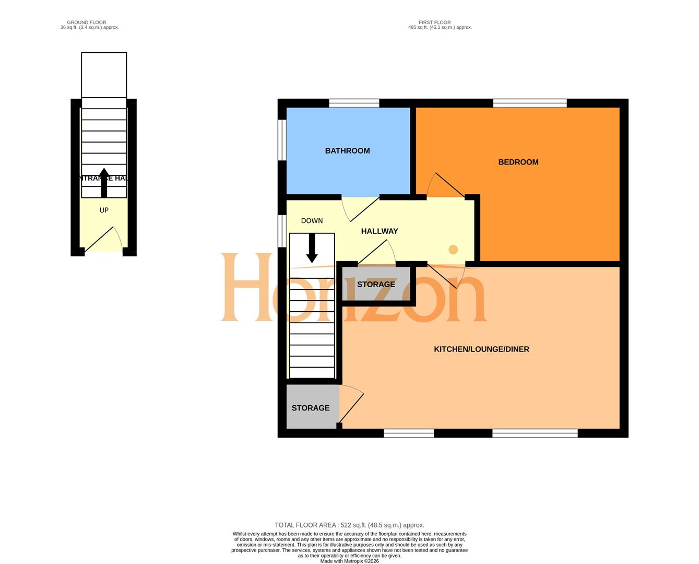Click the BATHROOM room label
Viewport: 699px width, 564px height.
tap(347, 151)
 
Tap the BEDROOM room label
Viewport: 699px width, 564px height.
tap(518, 162)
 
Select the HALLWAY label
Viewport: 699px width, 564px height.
tap(380, 231)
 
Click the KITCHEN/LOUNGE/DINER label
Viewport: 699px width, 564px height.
tap(481, 349)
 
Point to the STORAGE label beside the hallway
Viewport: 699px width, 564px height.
tap(376, 285)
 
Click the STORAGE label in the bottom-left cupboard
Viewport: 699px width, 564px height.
tap(311, 408)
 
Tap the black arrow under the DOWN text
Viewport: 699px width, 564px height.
tap(312, 248)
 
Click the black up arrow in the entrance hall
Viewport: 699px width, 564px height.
tap(104, 183)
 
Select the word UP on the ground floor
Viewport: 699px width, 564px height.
tap(104, 210)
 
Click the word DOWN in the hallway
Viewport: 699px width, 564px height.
tap(312, 221)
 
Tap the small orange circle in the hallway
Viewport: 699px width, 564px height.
tap(453, 249)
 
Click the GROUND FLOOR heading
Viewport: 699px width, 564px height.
tap(87, 22)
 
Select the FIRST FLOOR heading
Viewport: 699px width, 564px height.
tap(434, 22)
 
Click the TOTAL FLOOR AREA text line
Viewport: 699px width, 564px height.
tap(349, 525)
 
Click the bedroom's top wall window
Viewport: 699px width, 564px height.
tap(530, 103)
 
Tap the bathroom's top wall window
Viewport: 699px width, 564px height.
tap(354, 103)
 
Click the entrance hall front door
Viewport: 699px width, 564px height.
tap(103, 241)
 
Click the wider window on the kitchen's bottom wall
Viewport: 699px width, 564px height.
tap(535, 433)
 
